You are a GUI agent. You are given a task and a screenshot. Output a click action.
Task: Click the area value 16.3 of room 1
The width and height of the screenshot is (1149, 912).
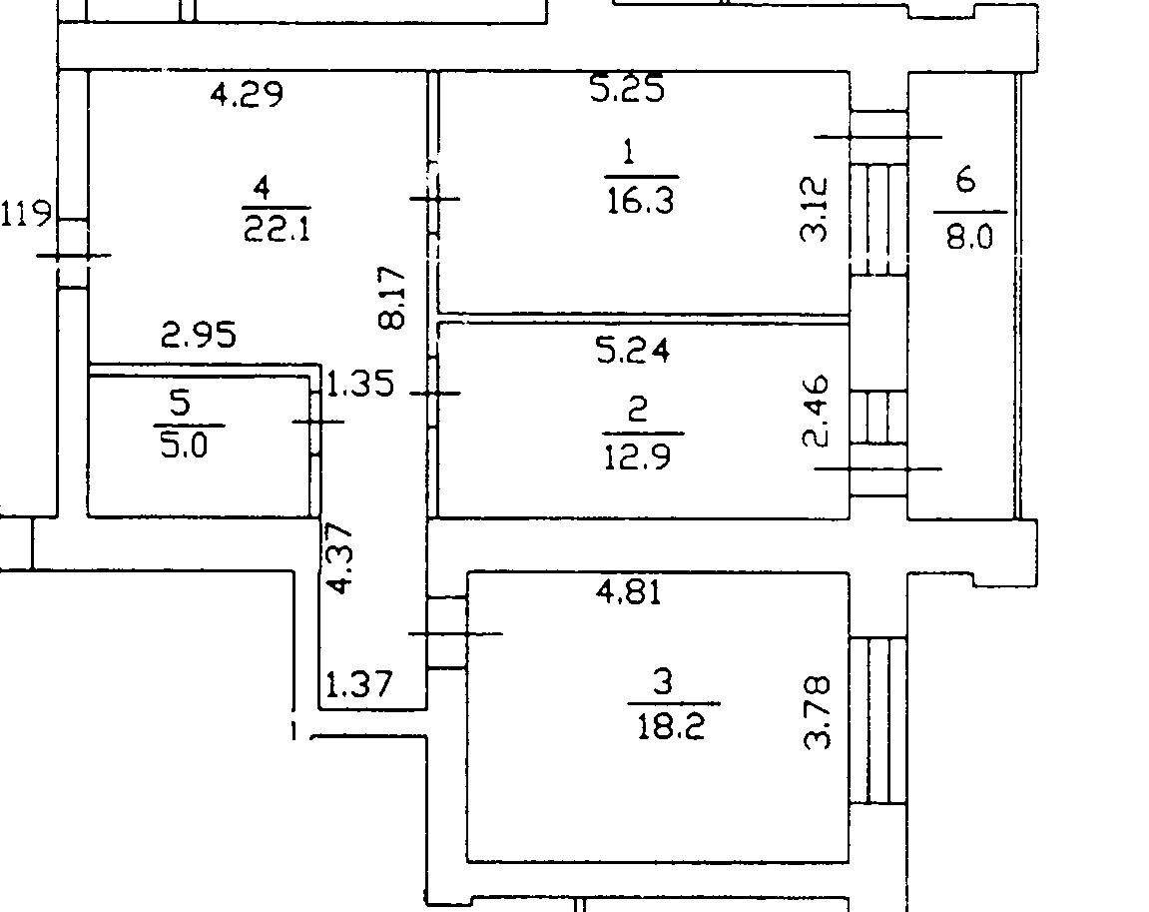pos(640,200)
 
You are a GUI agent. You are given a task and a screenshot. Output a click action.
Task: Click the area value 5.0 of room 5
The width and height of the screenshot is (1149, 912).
pos(186,445)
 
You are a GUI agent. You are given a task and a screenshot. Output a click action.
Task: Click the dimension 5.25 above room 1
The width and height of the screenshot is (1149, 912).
pos(627,90)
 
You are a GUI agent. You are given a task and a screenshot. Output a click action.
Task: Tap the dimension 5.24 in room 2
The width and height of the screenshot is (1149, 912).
pos(631,350)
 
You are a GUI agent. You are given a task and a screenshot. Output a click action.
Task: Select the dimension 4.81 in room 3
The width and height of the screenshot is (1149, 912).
pos(628,592)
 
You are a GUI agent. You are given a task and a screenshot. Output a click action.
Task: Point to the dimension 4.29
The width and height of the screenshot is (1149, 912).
pos(247,95)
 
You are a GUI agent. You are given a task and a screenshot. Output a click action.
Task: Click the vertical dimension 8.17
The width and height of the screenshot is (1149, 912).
pos(392,297)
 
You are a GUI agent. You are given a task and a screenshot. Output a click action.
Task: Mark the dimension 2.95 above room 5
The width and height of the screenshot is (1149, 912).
pos(200,335)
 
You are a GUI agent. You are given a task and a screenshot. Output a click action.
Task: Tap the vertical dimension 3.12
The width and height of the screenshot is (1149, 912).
pos(815,209)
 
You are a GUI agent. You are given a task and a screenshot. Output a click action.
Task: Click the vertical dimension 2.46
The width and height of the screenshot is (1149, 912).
pos(816,411)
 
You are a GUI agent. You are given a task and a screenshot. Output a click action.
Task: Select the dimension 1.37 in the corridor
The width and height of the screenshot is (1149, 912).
pos(361,685)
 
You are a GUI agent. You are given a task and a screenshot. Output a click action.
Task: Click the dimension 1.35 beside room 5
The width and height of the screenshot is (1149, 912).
pos(361,385)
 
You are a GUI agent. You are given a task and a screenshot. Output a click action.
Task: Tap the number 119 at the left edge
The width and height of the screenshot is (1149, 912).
pos(26,214)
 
